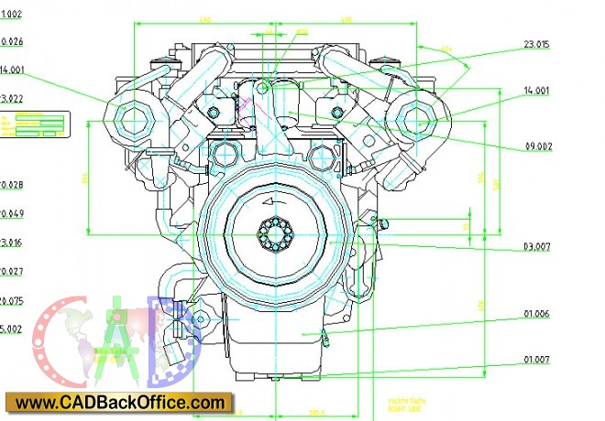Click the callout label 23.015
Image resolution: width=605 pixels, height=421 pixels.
tap(536, 44)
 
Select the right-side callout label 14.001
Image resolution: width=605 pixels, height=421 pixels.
tap(536, 91)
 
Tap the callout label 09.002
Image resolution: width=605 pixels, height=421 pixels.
tap(538, 146)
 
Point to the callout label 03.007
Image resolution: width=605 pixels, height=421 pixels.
tap(537, 248)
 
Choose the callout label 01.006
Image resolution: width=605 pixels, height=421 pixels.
tap(537, 314)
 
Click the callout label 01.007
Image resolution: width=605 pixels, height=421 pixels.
tap(537, 360)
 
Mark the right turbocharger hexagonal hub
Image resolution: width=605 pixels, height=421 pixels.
tap(419, 118)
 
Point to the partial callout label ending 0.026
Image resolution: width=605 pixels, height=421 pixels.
tap(13, 41)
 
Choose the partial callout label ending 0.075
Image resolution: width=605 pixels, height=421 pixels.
tap(13, 301)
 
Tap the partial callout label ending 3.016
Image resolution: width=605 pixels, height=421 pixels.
tap(12, 243)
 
